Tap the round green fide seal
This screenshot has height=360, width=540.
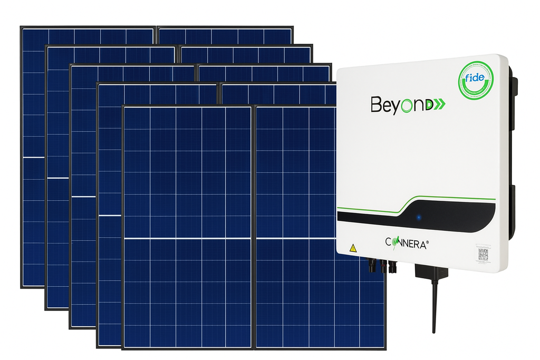476,80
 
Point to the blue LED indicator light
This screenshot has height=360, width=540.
419,217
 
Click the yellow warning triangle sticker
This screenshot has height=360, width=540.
353,247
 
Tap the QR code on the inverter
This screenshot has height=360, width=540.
483,255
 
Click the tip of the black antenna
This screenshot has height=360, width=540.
434,331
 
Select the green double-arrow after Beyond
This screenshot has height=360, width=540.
439,104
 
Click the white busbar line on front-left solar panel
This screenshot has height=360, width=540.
187,239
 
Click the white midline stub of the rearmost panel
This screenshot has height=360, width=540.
33,157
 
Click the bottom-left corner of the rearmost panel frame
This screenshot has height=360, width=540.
22,287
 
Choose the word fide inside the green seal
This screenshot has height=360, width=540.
475,77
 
